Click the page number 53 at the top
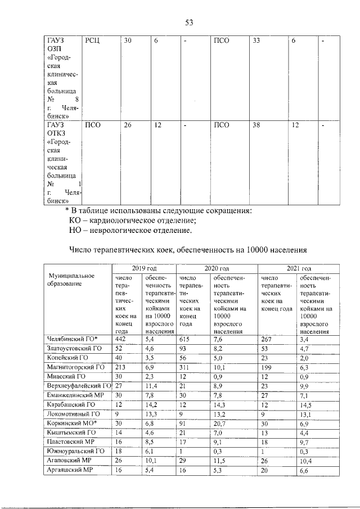click(190, 22)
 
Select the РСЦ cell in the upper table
click(92, 41)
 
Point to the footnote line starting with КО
click(136, 220)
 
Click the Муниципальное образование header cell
click(71, 280)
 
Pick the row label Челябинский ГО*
click(70, 339)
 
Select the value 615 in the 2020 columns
click(185, 339)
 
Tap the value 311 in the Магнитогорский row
click(184, 367)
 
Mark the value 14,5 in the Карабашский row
click(307, 404)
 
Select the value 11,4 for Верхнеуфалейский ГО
click(150, 385)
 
